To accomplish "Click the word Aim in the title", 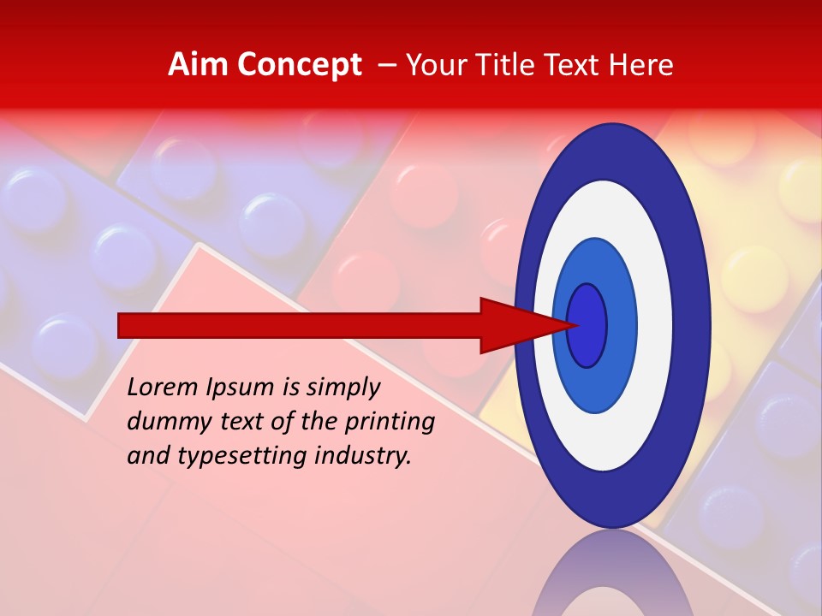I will pos(197,65).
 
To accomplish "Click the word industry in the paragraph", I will pos(363,456).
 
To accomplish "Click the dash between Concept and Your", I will pos(386,65).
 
